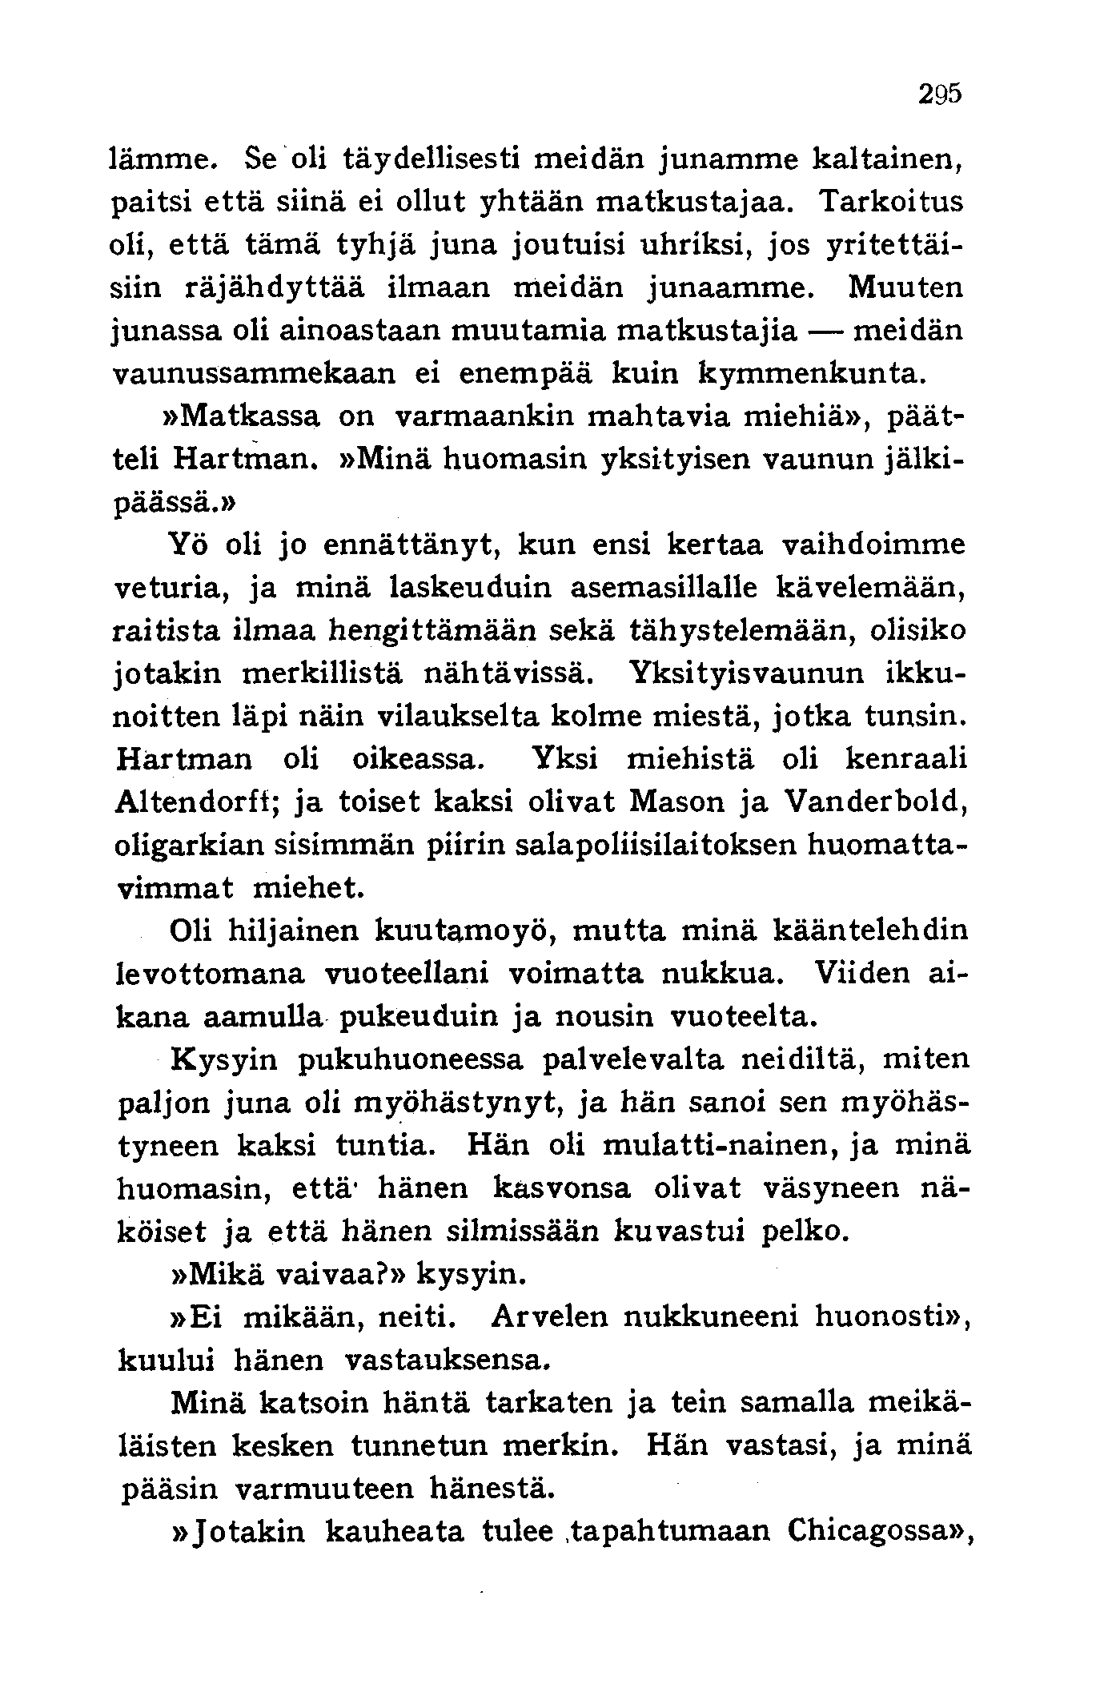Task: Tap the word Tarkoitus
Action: point(892,201)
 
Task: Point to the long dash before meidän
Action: point(825,330)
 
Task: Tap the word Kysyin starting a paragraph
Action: point(223,1060)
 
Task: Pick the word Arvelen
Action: point(551,1317)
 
